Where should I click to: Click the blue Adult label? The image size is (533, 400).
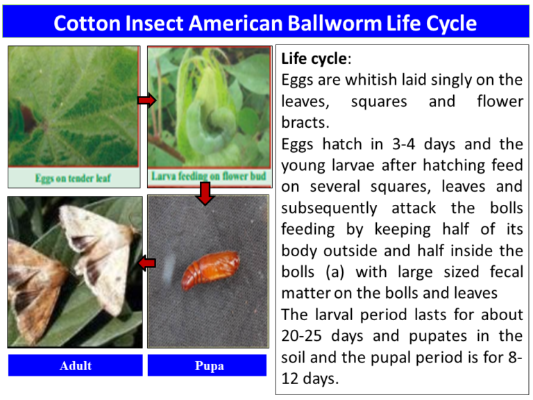(75, 365)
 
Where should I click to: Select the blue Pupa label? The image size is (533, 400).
(208, 365)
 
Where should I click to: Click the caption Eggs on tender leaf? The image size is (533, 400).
(74, 178)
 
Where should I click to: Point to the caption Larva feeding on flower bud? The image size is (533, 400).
(209, 176)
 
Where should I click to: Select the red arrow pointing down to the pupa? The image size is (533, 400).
(204, 194)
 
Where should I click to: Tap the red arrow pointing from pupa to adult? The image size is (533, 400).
(146, 263)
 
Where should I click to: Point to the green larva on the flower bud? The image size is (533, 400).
(208, 111)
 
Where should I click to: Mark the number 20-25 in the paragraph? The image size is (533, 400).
(305, 335)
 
